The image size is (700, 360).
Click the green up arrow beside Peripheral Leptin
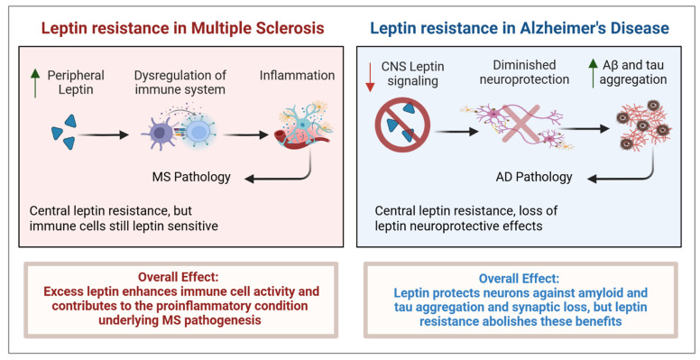pyautogui.click(x=35, y=83)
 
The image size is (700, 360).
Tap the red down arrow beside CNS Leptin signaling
pyautogui.click(x=370, y=78)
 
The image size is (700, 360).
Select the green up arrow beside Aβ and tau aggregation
pyautogui.click(x=593, y=73)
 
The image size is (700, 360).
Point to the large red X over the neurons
pyautogui.click(x=521, y=125)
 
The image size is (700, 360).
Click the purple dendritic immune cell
pyautogui.click(x=160, y=133)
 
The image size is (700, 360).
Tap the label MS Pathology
pyautogui.click(x=191, y=177)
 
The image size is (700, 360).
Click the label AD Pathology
pyautogui.click(x=534, y=177)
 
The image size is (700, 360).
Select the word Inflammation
pyautogui.click(x=298, y=75)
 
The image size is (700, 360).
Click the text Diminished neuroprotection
pyautogui.click(x=525, y=72)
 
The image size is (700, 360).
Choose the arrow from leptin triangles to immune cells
pyautogui.click(x=103, y=135)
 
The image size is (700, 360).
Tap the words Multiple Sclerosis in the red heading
pyautogui.click(x=258, y=28)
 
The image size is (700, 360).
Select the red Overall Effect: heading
pyautogui.click(x=178, y=277)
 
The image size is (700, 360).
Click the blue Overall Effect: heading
pyautogui.click(x=519, y=279)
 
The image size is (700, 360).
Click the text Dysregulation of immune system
pyautogui.click(x=180, y=82)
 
